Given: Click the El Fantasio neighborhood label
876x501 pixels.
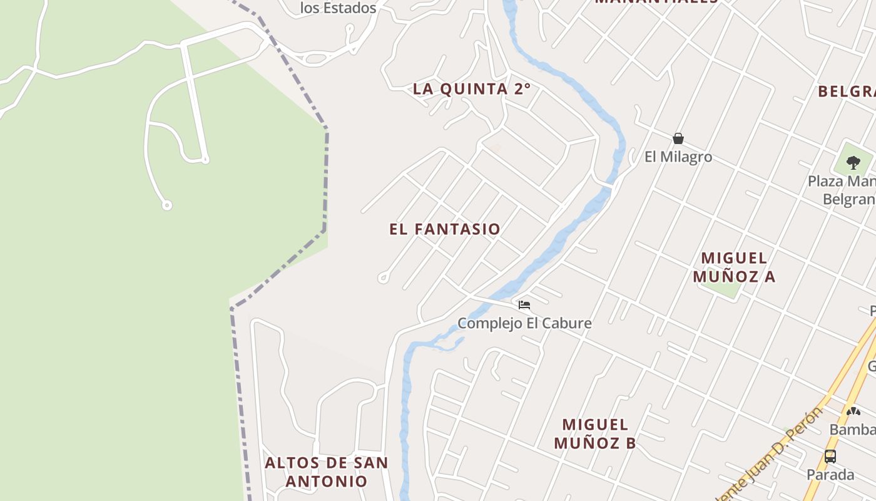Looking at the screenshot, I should [444, 229].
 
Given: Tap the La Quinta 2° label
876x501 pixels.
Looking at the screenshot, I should [471, 89].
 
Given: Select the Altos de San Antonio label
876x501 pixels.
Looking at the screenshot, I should [326, 472].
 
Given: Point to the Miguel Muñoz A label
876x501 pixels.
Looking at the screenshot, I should [734, 267].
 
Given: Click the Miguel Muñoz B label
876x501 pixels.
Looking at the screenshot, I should [594, 433].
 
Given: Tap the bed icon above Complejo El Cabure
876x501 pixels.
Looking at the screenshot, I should [524, 305].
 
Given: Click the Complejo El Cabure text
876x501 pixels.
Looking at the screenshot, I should [524, 323].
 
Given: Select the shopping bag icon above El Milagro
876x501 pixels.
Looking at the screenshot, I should [678, 138].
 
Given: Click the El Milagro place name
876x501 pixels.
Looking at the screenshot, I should [678, 157].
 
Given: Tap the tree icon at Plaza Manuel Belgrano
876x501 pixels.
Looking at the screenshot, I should [853, 163].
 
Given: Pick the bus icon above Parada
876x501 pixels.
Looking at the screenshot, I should [830, 457].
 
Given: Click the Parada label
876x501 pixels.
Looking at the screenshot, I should [830, 474].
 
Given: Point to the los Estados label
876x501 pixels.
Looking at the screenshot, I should [338, 8].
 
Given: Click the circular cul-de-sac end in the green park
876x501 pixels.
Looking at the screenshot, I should [166, 205].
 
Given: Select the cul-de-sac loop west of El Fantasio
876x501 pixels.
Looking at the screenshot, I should [383, 277].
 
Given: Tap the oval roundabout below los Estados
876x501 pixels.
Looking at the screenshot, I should [316, 59].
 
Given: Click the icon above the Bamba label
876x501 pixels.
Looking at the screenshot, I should [853, 411].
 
